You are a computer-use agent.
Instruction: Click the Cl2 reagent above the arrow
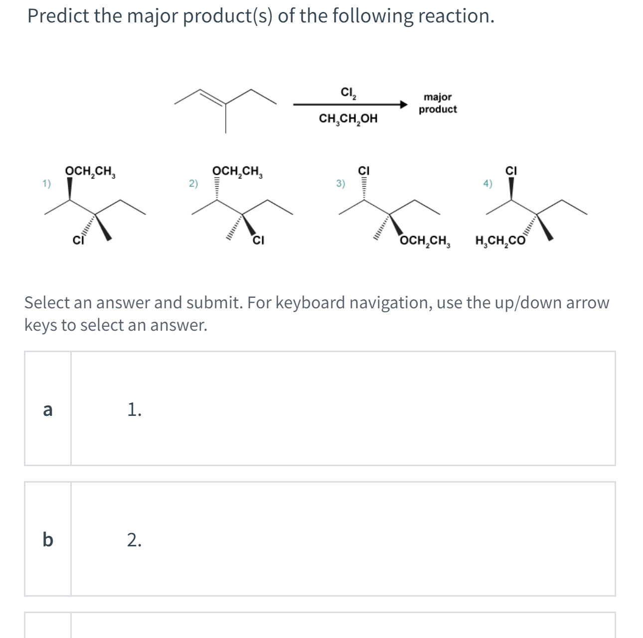[x=348, y=93]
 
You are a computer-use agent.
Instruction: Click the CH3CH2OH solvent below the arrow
[x=348, y=119]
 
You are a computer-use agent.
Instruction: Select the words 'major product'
[x=437, y=103]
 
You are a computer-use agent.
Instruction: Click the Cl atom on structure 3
[x=364, y=171]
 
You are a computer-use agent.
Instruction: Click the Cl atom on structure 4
[x=511, y=171]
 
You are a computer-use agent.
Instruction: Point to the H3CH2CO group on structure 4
[x=500, y=243]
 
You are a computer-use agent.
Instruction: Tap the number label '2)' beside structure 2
[x=193, y=184]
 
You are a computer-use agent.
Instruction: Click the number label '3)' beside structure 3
[x=340, y=184]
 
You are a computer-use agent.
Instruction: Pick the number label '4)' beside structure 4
[x=487, y=184]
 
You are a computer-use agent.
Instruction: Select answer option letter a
[x=48, y=409]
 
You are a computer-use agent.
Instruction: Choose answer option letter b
[x=48, y=539]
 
